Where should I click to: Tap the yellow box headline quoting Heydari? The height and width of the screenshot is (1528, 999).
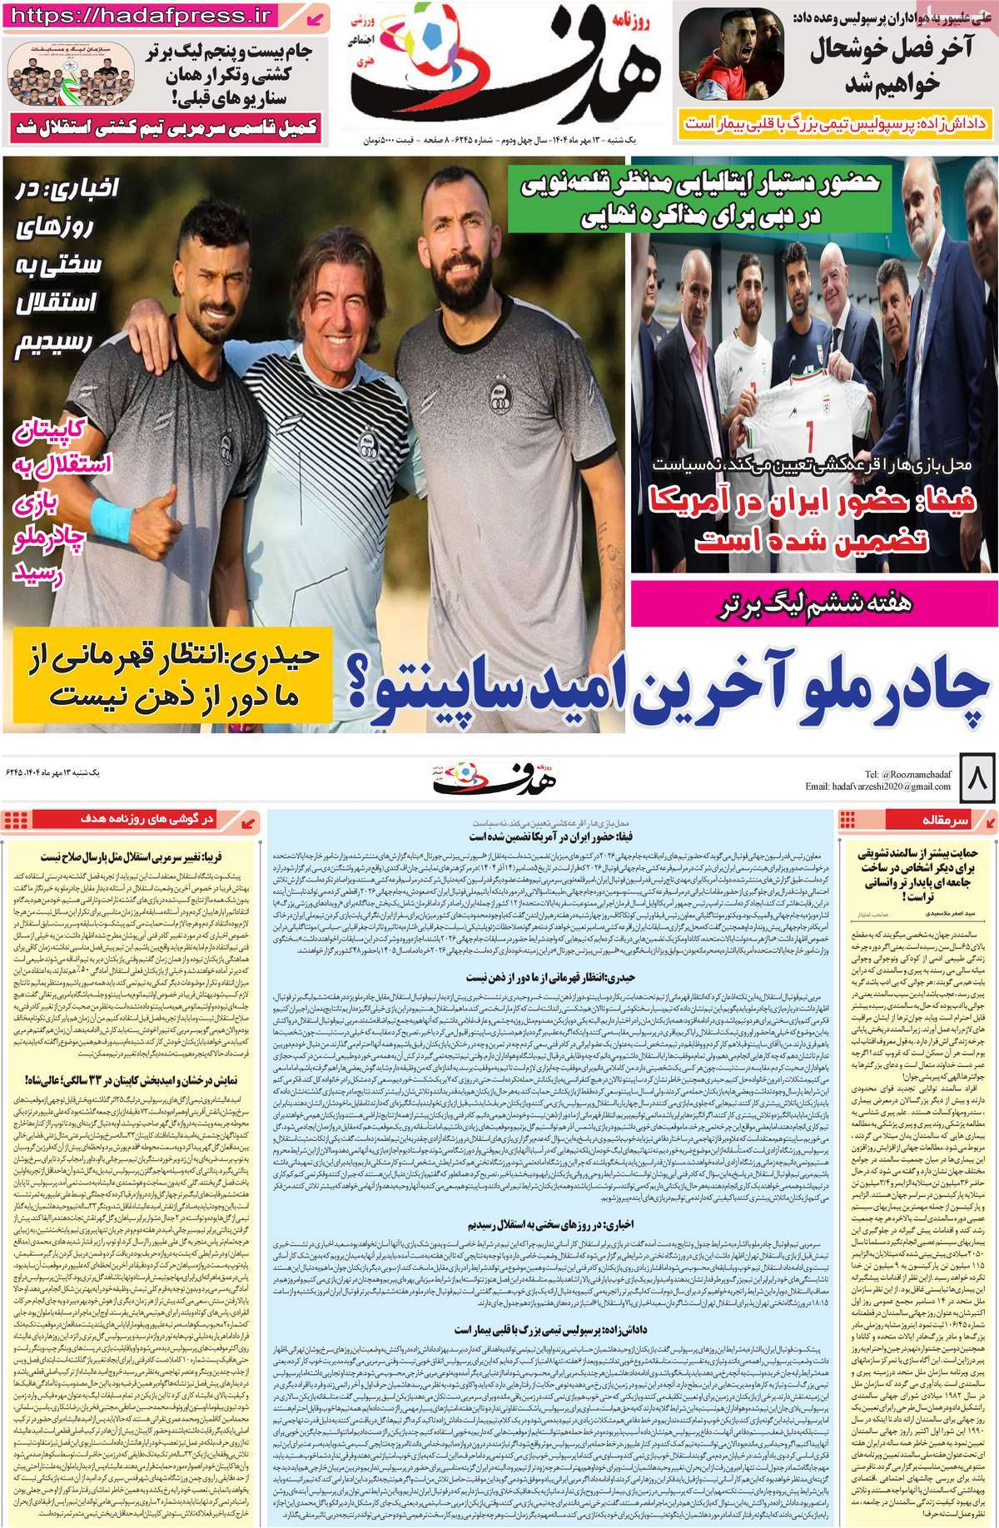[x=172, y=674]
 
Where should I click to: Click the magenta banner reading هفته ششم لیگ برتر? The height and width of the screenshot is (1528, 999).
[x=813, y=605]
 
